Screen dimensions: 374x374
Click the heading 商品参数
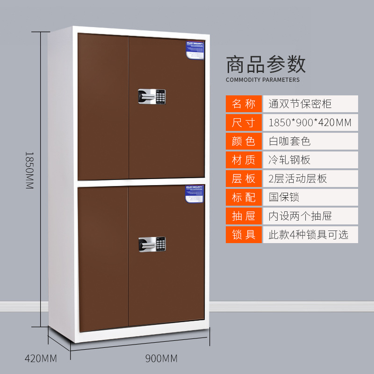click(x=266, y=65)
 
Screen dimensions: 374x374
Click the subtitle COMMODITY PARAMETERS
click(x=263, y=80)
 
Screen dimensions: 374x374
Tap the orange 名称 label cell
click(x=244, y=104)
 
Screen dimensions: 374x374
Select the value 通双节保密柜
click(x=300, y=104)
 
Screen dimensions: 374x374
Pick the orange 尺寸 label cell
click(x=244, y=122)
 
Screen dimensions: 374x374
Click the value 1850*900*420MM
click(x=310, y=122)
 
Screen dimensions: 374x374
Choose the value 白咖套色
click(x=290, y=141)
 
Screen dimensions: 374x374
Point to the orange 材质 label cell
click(x=244, y=160)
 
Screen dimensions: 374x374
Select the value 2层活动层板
click(x=298, y=179)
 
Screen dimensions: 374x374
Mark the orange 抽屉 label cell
click(x=244, y=216)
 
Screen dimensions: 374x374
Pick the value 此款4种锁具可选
click(x=308, y=234)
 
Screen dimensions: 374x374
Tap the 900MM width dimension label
click(x=161, y=359)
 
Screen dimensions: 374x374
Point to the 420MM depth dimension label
click(x=41, y=359)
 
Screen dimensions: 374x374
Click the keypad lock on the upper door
click(x=151, y=96)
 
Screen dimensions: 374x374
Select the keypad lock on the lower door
click(x=151, y=244)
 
